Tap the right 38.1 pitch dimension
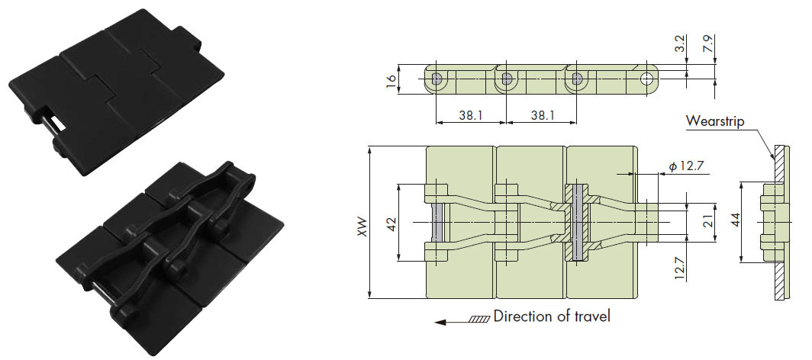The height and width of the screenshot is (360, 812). tap(541, 115)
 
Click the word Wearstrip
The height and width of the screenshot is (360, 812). tap(715, 121)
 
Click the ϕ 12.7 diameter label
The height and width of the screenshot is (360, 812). tap(682, 166)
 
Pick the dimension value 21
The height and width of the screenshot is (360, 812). tap(709, 222)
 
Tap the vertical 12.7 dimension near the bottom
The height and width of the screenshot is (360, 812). tap(681, 268)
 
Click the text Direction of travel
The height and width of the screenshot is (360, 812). tap(552, 316)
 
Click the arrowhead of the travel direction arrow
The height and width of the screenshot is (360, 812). tap(440, 323)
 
